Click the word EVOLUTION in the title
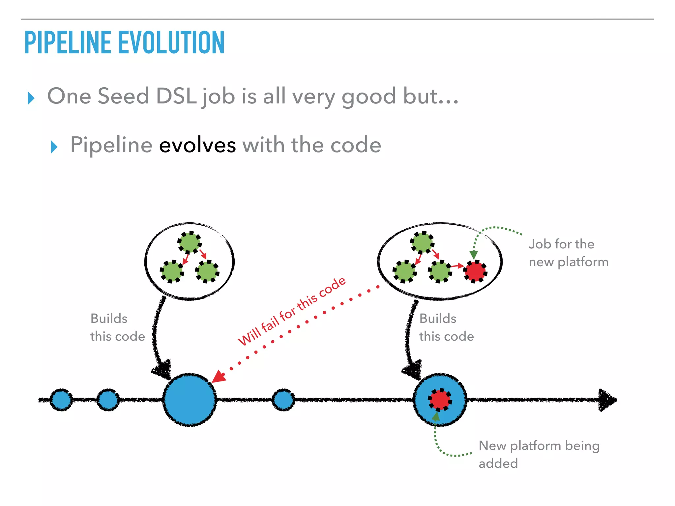coord(171,42)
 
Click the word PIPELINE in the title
coord(68,42)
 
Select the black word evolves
coord(197,145)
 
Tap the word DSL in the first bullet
coord(176,96)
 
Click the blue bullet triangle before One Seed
coord(31,98)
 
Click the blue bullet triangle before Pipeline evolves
coord(54,147)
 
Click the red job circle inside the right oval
coord(475,271)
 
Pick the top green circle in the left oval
coord(190,242)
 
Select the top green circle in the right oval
coord(422,242)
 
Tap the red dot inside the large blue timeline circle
coord(440,400)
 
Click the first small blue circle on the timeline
coord(61,400)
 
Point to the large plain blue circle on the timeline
coord(190,400)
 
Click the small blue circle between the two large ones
coord(283,400)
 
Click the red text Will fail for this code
coord(292,311)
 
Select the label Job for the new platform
coord(568,253)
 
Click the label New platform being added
coord(539,454)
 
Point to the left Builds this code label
coord(117,327)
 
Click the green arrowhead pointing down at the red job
coord(474,255)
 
